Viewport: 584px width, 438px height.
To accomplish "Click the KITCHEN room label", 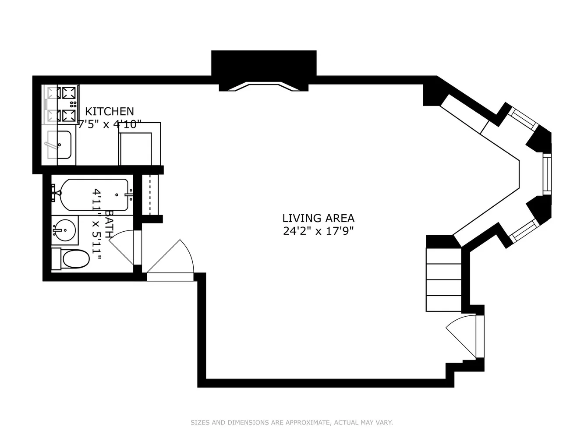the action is point(110,111).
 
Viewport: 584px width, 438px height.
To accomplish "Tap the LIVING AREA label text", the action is point(318,218).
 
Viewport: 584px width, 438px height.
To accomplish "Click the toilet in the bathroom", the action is point(71,259).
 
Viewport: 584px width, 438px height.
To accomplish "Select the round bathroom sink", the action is point(65,230).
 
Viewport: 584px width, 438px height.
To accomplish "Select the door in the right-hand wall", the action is point(465,336).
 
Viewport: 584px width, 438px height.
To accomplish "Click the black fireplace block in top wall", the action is point(264,70).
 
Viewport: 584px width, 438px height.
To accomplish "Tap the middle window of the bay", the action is point(547,174).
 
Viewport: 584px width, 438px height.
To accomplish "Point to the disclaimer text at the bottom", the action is point(292,422).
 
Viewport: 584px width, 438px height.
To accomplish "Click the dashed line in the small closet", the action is point(150,194).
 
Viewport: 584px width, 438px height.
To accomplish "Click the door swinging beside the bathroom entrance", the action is point(170,257).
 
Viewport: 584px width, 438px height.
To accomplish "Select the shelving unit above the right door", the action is point(443,279).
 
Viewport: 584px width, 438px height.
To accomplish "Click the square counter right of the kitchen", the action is point(140,144).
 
